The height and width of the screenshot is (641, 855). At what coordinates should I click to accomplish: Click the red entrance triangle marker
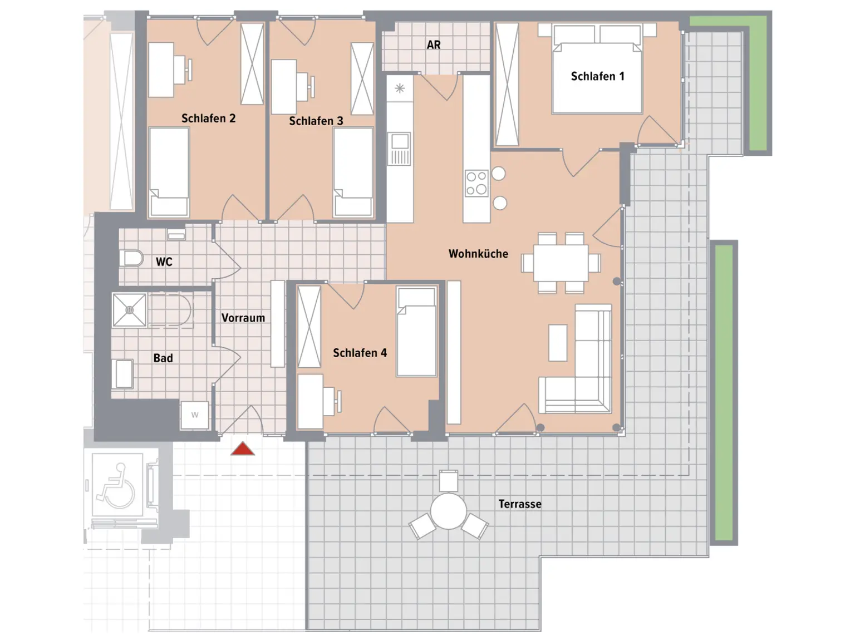pyautogui.click(x=242, y=448)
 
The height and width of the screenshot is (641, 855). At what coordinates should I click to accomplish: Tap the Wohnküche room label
pyautogui.click(x=478, y=254)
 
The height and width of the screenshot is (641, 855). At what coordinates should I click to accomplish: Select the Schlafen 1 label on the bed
pyautogui.click(x=597, y=76)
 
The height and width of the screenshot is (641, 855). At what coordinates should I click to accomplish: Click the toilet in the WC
pyautogui.click(x=131, y=258)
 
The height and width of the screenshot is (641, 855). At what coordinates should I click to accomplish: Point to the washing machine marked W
pyautogui.click(x=195, y=415)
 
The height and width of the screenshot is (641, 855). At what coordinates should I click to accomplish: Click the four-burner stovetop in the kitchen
pyautogui.click(x=476, y=183)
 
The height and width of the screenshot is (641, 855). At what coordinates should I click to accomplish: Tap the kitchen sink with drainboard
pyautogui.click(x=399, y=149)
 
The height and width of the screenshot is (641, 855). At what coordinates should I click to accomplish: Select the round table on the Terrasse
pyautogui.click(x=448, y=511)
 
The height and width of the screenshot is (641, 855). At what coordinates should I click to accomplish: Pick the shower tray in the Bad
pyautogui.click(x=129, y=310)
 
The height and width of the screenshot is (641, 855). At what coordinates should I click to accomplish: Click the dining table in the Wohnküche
pyautogui.click(x=561, y=263)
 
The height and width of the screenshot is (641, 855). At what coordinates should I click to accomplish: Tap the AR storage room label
pyautogui.click(x=434, y=45)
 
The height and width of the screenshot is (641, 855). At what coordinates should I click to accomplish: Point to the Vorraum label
pyautogui.click(x=243, y=318)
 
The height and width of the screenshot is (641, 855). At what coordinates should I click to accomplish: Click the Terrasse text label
pyautogui.click(x=520, y=504)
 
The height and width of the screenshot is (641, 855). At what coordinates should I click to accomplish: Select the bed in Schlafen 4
pyautogui.click(x=416, y=332)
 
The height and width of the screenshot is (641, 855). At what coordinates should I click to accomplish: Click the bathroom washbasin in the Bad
pyautogui.click(x=122, y=374)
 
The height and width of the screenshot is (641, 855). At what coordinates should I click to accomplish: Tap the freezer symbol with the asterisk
pyautogui.click(x=400, y=88)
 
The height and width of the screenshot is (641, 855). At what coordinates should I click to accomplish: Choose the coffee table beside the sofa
pyautogui.click(x=558, y=343)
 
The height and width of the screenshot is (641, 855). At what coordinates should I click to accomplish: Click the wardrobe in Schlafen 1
pyautogui.click(x=507, y=85)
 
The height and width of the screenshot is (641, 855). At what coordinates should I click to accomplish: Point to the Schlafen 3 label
pyautogui.click(x=316, y=121)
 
